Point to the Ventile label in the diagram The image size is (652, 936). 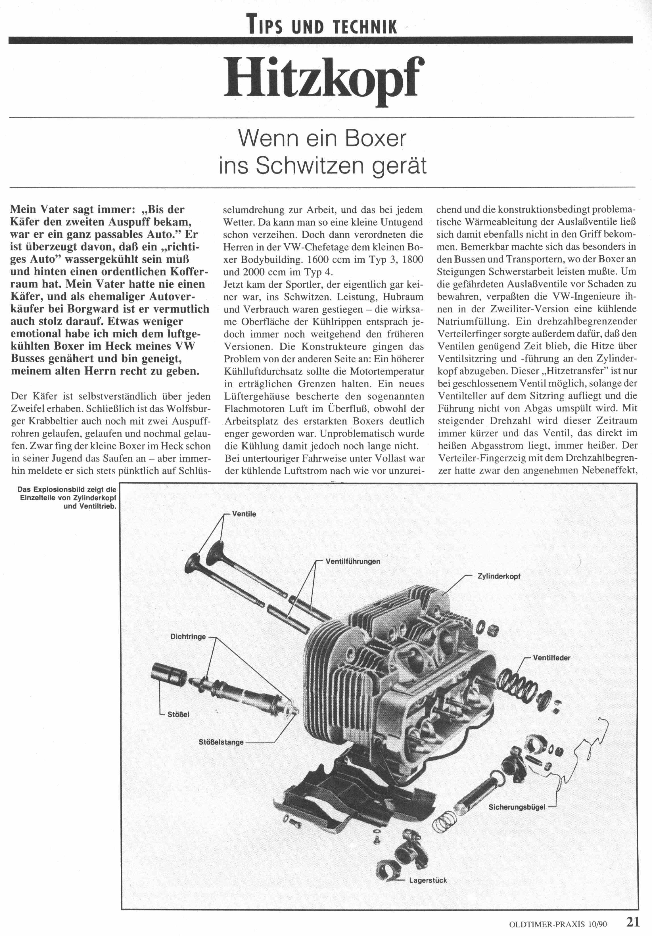pos(244,514)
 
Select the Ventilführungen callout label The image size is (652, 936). pos(353,561)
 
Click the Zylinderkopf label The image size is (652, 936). pos(499,576)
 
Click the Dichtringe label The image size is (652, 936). pos(188,637)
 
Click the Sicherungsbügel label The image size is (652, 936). pos(517,807)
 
